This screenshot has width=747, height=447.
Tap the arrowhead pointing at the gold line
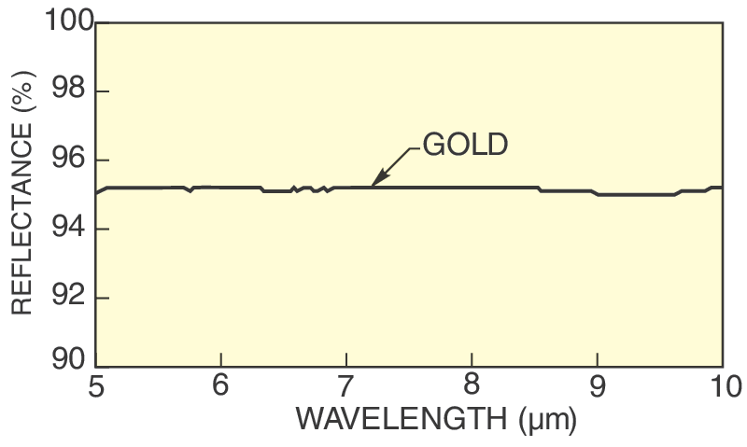(x=377, y=181)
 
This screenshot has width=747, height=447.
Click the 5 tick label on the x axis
(x=95, y=385)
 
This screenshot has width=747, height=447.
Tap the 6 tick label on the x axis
(x=220, y=385)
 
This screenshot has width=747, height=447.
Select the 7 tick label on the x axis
(x=346, y=385)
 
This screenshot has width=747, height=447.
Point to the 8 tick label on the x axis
(x=472, y=385)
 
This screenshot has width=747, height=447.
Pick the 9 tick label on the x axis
(x=598, y=385)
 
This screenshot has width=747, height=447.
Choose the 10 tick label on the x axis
(x=722, y=385)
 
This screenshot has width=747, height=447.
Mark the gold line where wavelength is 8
(x=472, y=188)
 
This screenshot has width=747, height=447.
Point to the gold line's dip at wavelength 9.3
(x=635, y=194)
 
